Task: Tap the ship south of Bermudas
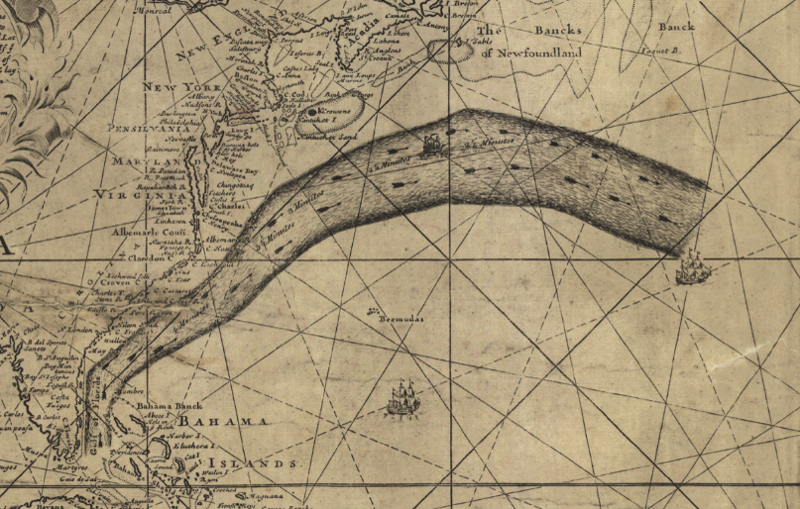point(401,399)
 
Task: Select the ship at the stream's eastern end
point(692,266)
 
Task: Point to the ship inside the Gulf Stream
point(432,147)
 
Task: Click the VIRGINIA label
point(134,196)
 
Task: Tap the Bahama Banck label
point(168,407)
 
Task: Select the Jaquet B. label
point(657,49)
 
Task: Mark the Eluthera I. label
point(214,447)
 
